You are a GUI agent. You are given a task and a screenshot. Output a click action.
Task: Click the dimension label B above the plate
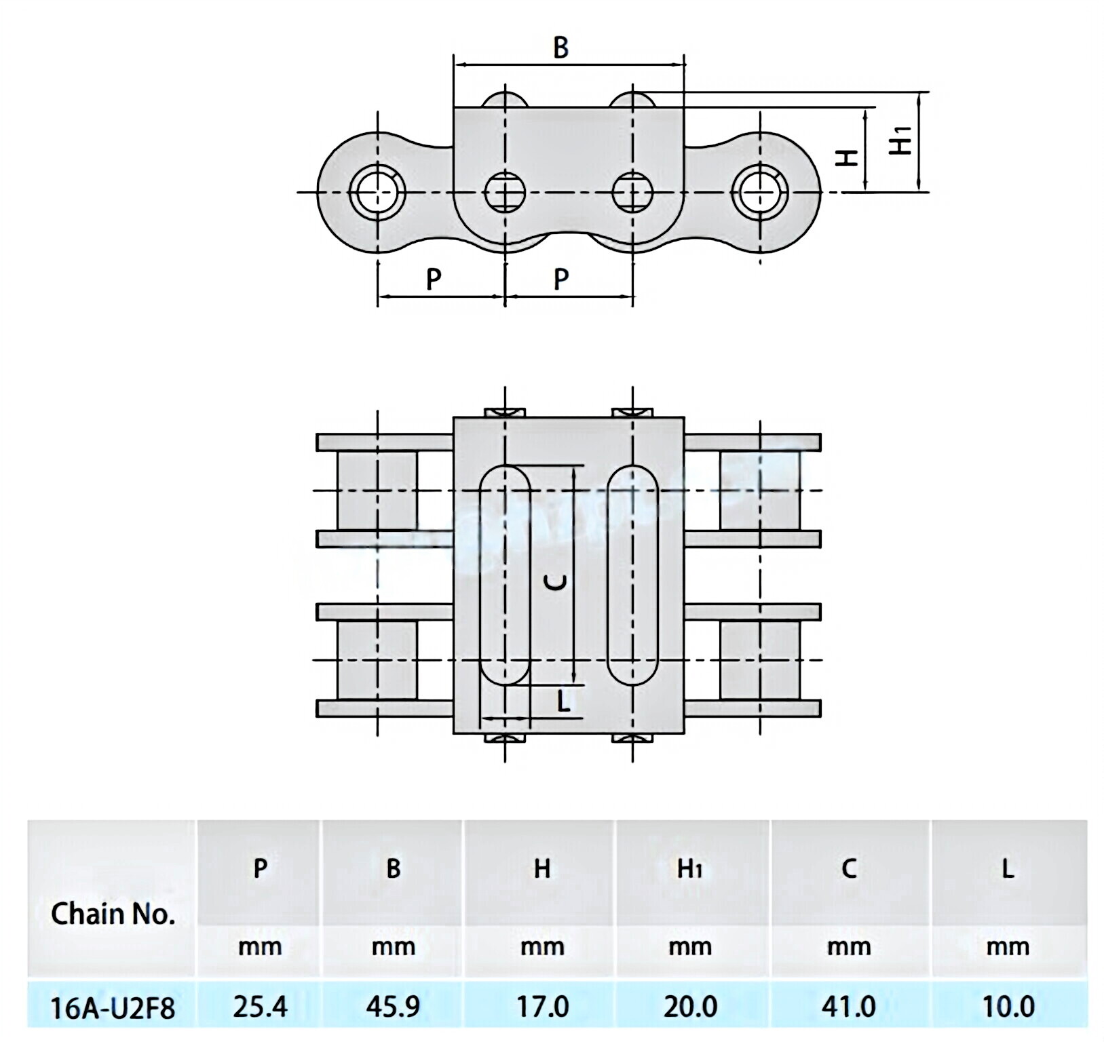pyautogui.click(x=560, y=47)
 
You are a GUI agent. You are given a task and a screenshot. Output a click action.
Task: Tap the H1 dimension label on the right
pyautogui.click(x=900, y=140)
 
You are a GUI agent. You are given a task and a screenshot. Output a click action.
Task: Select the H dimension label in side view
pyautogui.click(x=846, y=157)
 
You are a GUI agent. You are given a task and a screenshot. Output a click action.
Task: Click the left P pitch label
pyautogui.click(x=433, y=279)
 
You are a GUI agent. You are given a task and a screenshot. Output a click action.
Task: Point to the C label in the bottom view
pyautogui.click(x=556, y=582)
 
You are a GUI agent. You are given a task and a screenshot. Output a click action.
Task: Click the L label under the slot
pyautogui.click(x=563, y=701)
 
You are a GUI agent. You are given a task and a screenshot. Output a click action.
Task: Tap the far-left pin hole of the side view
pyautogui.click(x=377, y=193)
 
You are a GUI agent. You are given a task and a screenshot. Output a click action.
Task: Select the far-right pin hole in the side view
pyautogui.click(x=759, y=193)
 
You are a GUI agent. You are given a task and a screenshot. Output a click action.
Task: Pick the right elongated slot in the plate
pyautogui.click(x=632, y=574)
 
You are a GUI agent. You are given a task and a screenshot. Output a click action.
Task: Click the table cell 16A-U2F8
pyautogui.click(x=112, y=1007)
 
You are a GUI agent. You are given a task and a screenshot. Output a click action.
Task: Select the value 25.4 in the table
pyautogui.click(x=260, y=1007)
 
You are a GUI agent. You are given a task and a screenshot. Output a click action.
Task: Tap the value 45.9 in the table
pyautogui.click(x=393, y=1007)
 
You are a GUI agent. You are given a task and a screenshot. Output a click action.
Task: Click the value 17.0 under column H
pyautogui.click(x=541, y=1007)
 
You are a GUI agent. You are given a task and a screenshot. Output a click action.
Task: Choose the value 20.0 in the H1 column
pyautogui.click(x=690, y=1007)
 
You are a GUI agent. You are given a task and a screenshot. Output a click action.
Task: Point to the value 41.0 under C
pyautogui.click(x=849, y=1007)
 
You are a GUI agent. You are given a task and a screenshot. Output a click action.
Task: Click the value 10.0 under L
pyautogui.click(x=1008, y=1007)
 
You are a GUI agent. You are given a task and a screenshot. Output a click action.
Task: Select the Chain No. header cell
pyautogui.click(x=113, y=914)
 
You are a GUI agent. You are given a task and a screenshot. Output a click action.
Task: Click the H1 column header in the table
pyautogui.click(x=689, y=869)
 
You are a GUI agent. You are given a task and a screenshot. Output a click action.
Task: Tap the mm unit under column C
pyautogui.click(x=849, y=946)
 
